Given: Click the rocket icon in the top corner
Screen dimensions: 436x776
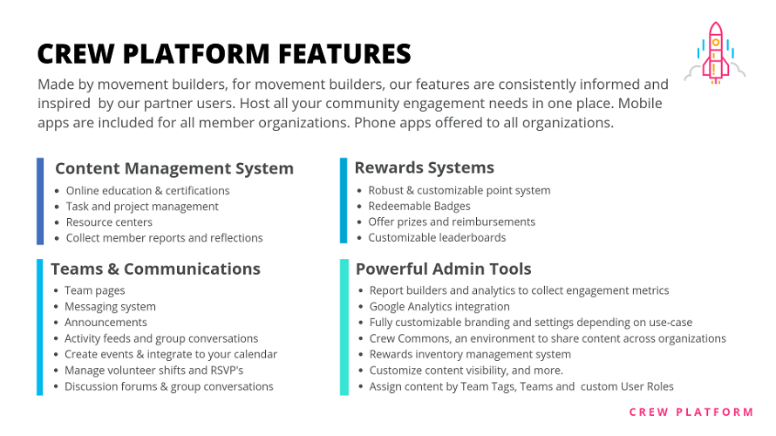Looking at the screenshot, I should pyautogui.click(x=715, y=52).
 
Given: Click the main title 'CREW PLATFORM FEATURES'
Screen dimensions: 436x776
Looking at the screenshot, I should pyautogui.click(x=224, y=54).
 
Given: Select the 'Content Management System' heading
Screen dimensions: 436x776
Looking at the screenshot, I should pyautogui.click(x=174, y=168).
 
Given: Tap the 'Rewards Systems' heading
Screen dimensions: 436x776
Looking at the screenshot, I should pyautogui.click(x=424, y=167).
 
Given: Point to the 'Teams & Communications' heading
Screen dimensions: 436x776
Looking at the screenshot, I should pyautogui.click(x=155, y=269).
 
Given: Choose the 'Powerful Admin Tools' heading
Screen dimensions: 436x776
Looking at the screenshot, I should pyautogui.click(x=443, y=269).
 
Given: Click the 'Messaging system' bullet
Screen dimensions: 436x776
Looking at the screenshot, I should pyautogui.click(x=110, y=307).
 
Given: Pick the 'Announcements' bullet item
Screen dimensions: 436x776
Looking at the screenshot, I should pyautogui.click(x=106, y=323).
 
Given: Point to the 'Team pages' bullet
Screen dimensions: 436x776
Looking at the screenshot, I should pyautogui.click(x=94, y=290).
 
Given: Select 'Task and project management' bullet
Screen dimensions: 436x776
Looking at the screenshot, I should pyautogui.click(x=142, y=207).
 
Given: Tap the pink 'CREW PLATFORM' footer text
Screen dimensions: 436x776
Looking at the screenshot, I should pyautogui.click(x=691, y=412).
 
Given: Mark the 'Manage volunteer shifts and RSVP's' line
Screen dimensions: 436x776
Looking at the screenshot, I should pyautogui.click(x=155, y=371).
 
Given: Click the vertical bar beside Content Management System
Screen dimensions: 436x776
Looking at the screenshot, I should pyautogui.click(x=40, y=201).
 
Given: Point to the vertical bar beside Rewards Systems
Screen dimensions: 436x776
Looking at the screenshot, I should pyautogui.click(x=344, y=201).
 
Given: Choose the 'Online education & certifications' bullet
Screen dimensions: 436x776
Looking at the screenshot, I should pyautogui.click(x=147, y=191).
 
